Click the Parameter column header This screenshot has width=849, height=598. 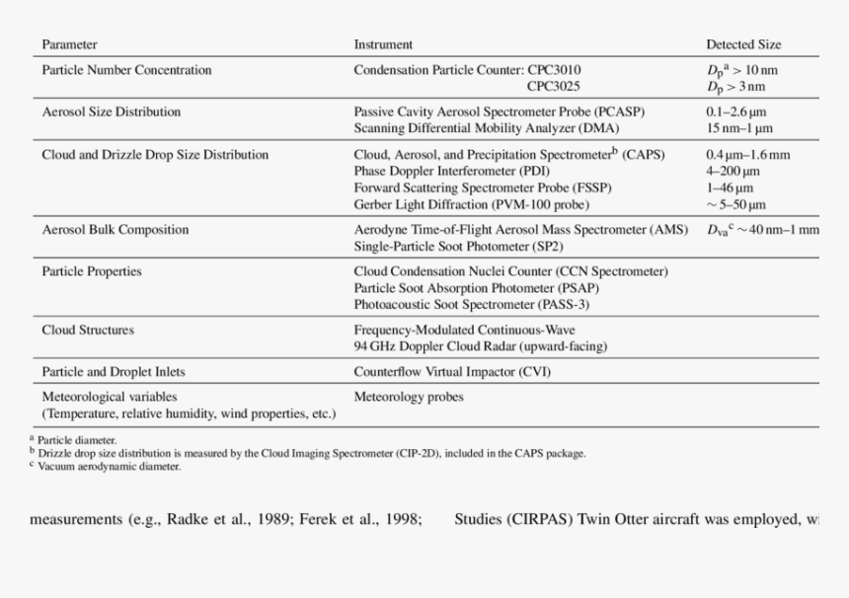click(69, 44)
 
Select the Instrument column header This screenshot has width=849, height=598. click(383, 44)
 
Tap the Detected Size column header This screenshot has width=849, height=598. click(742, 44)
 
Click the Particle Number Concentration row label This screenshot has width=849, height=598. click(126, 70)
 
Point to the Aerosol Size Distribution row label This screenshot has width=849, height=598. click(111, 112)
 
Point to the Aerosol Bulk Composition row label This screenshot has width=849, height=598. click(115, 229)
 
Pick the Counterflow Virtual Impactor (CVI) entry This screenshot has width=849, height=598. click(452, 372)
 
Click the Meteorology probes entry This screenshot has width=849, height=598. click(409, 397)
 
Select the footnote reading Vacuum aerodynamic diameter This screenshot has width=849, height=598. click(109, 467)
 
